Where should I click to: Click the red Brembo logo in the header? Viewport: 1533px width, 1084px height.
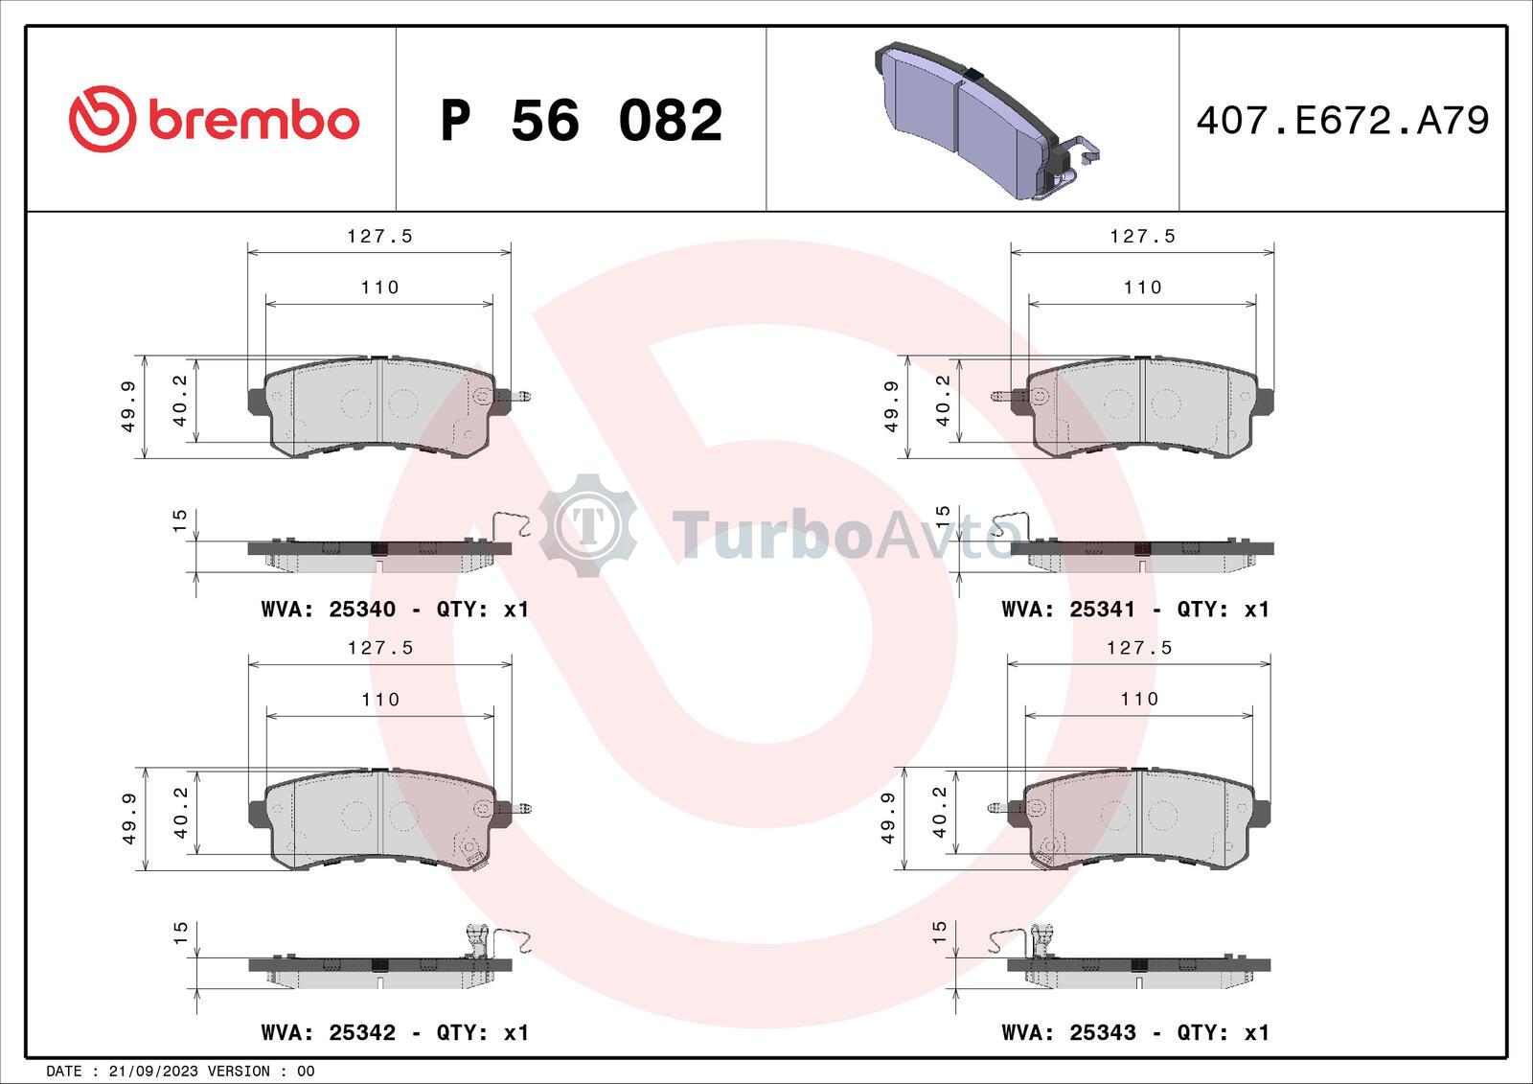point(214,119)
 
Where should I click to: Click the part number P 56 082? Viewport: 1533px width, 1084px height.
point(581,121)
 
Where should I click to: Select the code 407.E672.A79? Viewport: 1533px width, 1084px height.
point(1342,121)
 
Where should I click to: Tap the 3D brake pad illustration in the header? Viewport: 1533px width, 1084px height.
point(986,122)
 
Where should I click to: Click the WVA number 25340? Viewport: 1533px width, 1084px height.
point(362,609)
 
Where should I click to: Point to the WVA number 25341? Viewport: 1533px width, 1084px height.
point(1103,609)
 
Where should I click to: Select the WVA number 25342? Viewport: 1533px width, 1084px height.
point(362,1032)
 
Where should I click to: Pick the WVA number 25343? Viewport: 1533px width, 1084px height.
point(1103,1032)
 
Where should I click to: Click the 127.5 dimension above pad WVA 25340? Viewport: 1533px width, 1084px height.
point(379,236)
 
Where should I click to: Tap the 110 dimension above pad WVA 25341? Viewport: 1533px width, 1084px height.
point(1142,287)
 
